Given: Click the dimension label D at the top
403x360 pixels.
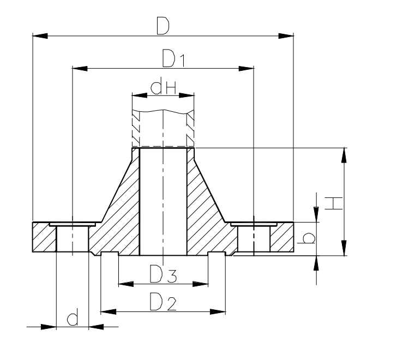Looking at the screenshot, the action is [163, 26].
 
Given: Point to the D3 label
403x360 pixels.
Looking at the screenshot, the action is [163, 274].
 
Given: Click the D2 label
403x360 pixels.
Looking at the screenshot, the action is [163, 302].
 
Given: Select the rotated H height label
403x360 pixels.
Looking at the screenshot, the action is [334, 203].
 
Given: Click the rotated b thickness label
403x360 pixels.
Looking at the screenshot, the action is [306, 238].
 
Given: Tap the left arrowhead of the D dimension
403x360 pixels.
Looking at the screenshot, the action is [40, 36].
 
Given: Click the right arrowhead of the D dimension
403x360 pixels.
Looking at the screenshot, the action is [286, 36].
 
